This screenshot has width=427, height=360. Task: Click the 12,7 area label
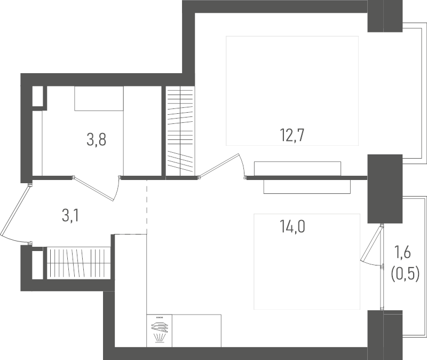(292, 136)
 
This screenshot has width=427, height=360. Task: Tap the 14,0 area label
(292, 227)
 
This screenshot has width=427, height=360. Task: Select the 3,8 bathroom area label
(97, 139)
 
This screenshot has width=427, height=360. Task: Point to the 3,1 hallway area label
(70, 216)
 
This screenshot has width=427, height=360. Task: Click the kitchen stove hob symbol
(159, 331)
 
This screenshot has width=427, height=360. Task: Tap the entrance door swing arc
(14, 239)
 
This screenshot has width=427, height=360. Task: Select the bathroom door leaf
(93, 189)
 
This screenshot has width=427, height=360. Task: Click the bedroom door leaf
(219, 165)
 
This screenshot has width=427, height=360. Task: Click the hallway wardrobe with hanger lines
(78, 263)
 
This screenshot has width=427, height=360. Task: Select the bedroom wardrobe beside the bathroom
(180, 131)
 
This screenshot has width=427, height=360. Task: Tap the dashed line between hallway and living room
(147, 207)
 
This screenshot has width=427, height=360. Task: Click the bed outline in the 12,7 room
(292, 91)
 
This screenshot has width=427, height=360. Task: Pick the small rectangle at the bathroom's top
(99, 98)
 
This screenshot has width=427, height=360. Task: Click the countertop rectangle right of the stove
(196, 331)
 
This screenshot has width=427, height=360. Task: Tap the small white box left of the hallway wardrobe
(37, 264)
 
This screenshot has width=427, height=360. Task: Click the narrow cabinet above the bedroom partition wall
(297, 168)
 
